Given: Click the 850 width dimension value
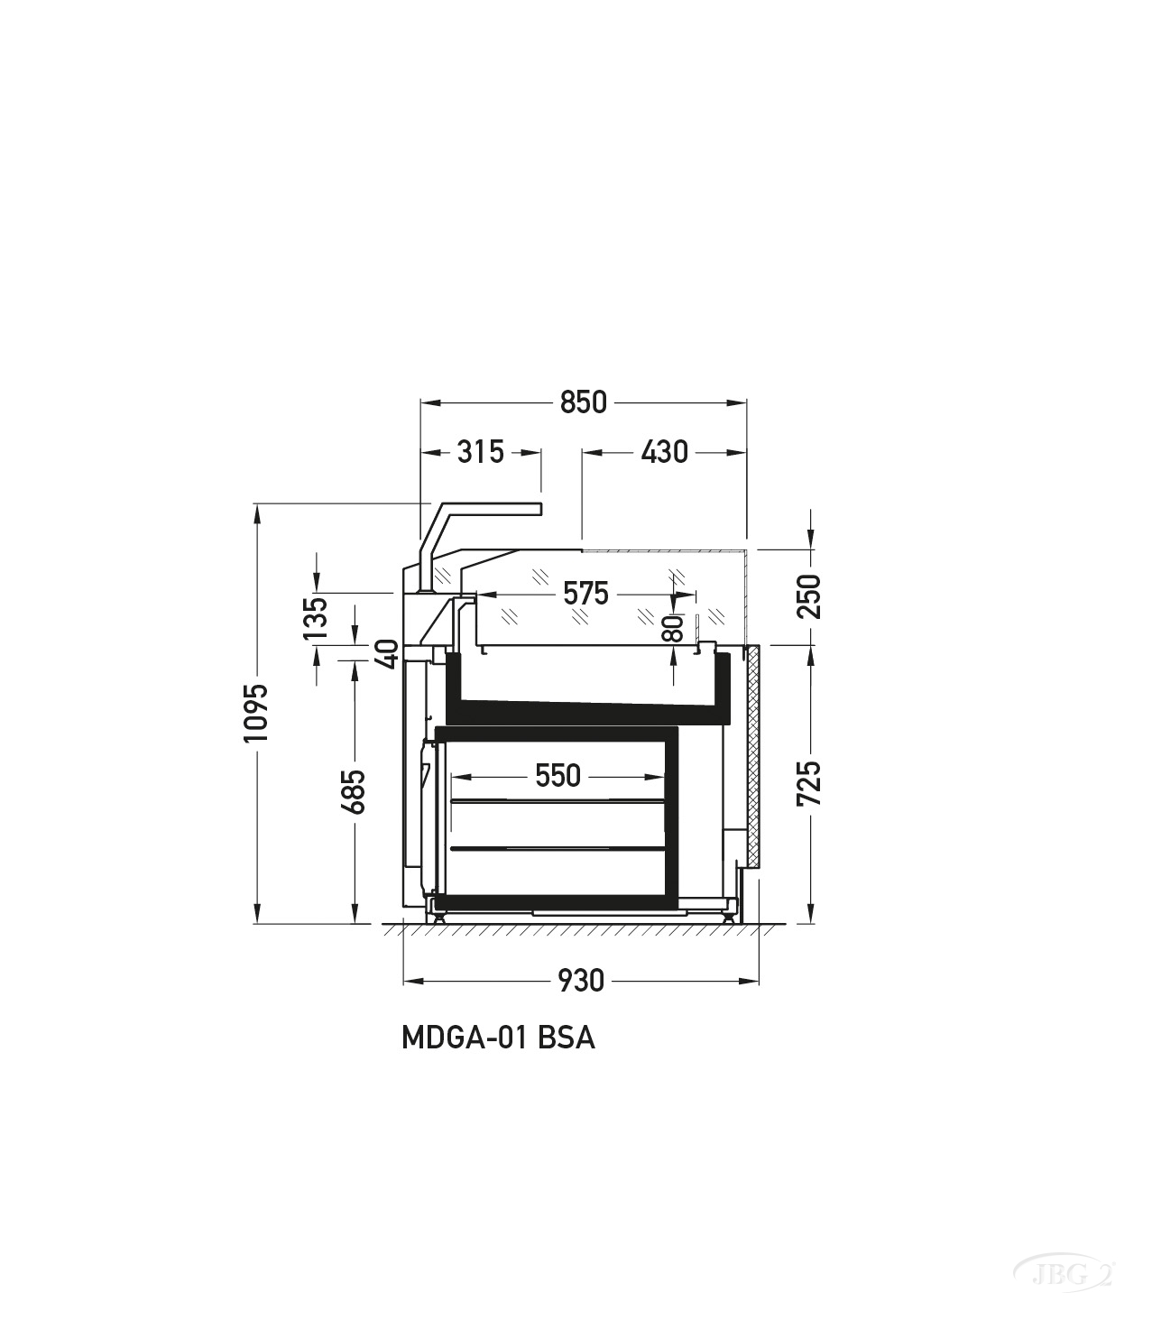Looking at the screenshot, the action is coord(583,403).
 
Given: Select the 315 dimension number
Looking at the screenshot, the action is coord(480,453).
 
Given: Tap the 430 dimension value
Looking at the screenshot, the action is coord(665,453).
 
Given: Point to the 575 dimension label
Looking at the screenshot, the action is coord(585,594).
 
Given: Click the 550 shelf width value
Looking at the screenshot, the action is coord(558,776).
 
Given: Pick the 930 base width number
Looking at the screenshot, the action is coord(581,981).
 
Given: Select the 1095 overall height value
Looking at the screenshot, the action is coord(256,713).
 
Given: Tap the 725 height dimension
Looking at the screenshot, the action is coord(809,784).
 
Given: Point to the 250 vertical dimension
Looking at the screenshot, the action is coord(809,596).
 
